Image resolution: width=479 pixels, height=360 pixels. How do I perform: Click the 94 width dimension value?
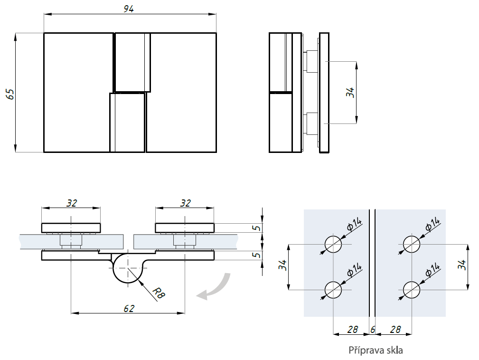click(129, 9)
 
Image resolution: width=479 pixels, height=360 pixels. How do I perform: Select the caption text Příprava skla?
click(376, 351)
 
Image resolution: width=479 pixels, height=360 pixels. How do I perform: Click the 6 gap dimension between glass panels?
click(373, 329)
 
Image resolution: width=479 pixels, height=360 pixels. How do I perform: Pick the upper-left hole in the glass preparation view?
click(333, 244)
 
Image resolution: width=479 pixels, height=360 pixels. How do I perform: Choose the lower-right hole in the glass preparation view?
click(411, 289)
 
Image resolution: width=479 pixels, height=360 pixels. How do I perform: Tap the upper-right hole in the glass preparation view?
click(411, 244)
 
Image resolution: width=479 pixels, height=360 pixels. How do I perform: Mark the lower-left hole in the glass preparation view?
click(333, 289)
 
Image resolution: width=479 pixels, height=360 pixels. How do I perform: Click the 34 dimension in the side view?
click(350, 93)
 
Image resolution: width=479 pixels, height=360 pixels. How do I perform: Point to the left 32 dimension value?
click(71, 203)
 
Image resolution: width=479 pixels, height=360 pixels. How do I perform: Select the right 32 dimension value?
click(185, 203)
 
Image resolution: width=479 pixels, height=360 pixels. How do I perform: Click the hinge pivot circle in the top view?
click(128, 268)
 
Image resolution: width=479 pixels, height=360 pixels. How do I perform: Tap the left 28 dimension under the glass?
click(352, 329)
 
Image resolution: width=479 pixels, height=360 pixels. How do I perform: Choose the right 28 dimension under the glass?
click(394, 329)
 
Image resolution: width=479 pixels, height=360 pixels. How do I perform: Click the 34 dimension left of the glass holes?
click(282, 266)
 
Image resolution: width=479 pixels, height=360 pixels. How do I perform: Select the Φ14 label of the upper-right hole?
click(433, 225)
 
